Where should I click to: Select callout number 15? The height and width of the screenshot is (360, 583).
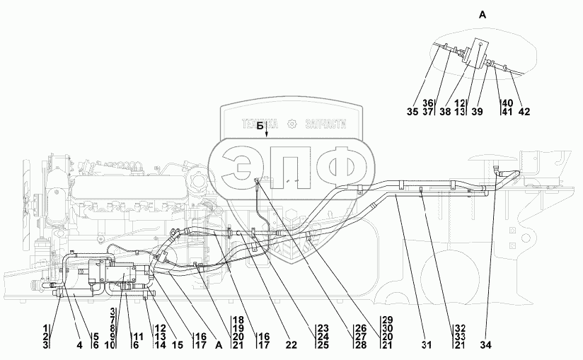177,346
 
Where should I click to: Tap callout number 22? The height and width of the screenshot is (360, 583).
272,346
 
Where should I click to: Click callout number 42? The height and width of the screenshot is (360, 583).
524,111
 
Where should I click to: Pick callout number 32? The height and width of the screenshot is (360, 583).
460,329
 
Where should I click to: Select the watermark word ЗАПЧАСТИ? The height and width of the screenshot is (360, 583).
326,124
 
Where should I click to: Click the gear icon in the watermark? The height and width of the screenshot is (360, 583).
293,124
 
